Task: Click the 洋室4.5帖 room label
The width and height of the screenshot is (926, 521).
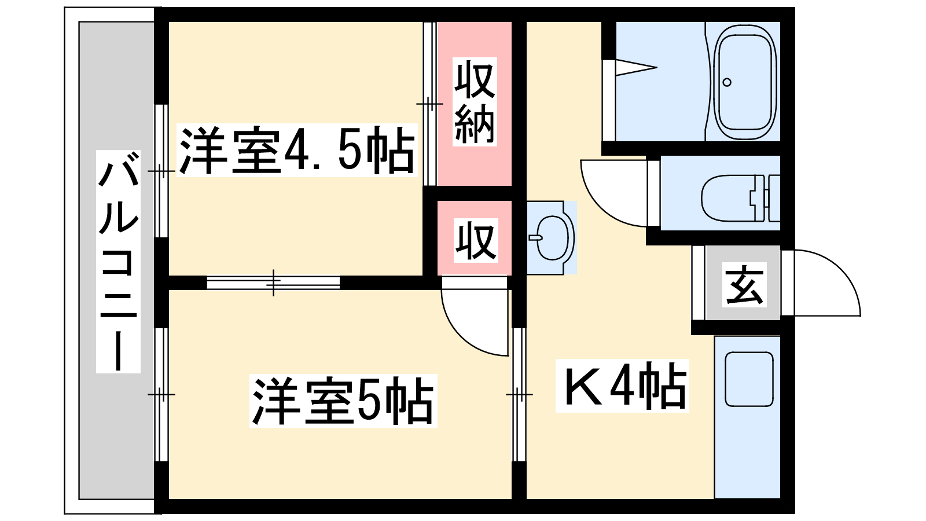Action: point(297,150)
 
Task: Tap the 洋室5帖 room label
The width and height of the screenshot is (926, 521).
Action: point(343,401)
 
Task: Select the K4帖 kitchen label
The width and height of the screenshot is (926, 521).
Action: point(622,386)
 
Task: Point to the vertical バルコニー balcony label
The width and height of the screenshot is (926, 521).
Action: point(118,261)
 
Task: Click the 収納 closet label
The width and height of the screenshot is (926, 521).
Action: point(475,102)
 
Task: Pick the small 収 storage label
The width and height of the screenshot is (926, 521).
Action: point(476,241)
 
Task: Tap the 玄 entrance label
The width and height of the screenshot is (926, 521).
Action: point(744,284)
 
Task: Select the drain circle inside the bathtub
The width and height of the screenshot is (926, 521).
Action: point(727,82)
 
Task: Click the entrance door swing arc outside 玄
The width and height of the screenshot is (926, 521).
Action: point(827,283)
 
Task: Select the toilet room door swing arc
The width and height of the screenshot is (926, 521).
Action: point(614,193)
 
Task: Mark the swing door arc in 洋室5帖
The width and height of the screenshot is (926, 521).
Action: point(475,322)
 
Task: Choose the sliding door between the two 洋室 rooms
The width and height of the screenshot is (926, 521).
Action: point(273,283)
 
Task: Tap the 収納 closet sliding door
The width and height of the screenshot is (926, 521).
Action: point(430,104)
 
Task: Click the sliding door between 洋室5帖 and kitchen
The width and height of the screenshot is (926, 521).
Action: point(519,394)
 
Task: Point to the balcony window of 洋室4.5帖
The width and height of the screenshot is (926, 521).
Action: point(161,171)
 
